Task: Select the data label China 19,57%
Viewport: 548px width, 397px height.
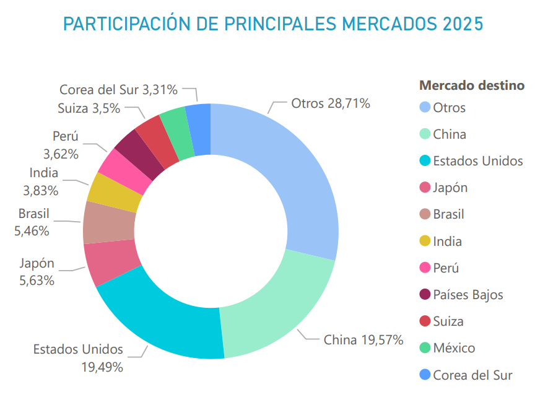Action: (x=363, y=339)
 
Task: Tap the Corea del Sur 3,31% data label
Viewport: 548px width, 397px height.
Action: (x=119, y=90)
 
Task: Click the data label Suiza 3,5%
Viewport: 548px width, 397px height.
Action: (x=89, y=107)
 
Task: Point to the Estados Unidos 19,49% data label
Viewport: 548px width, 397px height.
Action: (x=78, y=358)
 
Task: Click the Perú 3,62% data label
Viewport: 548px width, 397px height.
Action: (x=61, y=145)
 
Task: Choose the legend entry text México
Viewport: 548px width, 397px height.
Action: (x=454, y=348)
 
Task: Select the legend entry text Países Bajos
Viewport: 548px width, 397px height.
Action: (x=468, y=295)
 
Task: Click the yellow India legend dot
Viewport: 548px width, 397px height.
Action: (x=425, y=242)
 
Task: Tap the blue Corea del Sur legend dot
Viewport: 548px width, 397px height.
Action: (x=425, y=375)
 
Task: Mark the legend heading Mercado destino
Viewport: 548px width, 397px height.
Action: (x=472, y=85)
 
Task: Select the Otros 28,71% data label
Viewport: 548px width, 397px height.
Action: (x=331, y=103)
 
